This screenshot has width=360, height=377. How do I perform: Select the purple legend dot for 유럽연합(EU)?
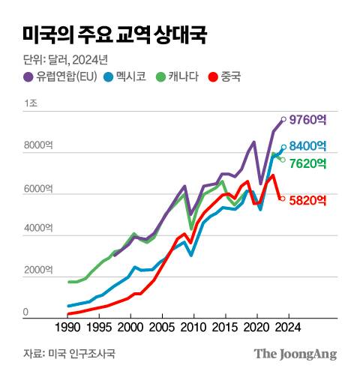(28, 76)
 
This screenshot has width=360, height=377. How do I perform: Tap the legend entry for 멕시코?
(130, 76)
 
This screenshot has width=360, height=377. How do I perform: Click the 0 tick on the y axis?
(25, 313)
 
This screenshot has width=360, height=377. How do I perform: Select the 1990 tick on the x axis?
(67, 328)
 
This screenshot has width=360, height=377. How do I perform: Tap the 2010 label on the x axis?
(193, 328)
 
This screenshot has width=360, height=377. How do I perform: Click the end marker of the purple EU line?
(283, 118)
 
